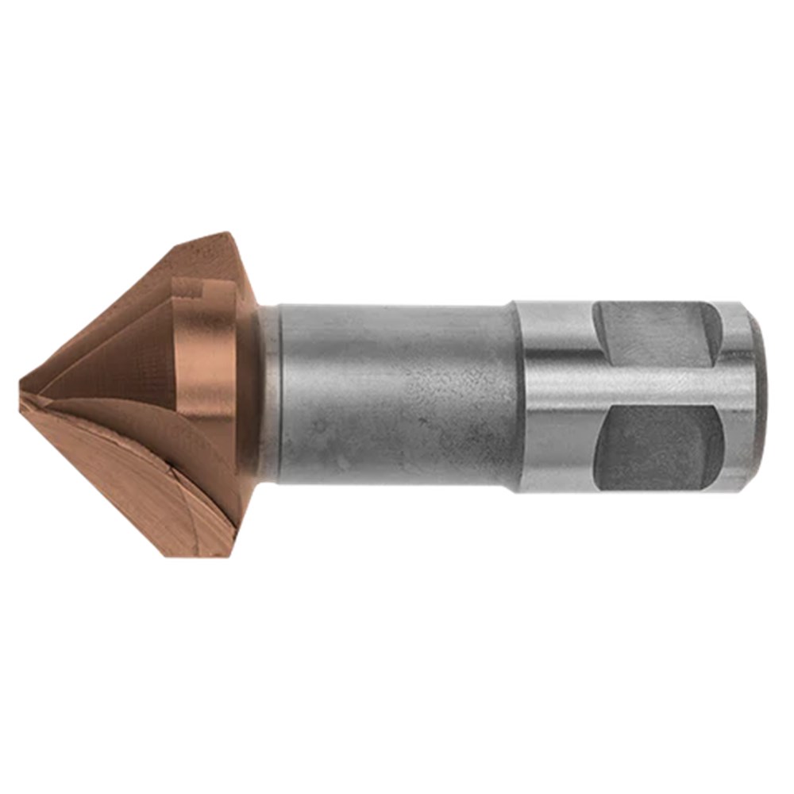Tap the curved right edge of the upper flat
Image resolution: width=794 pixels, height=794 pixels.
(x=719, y=330)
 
